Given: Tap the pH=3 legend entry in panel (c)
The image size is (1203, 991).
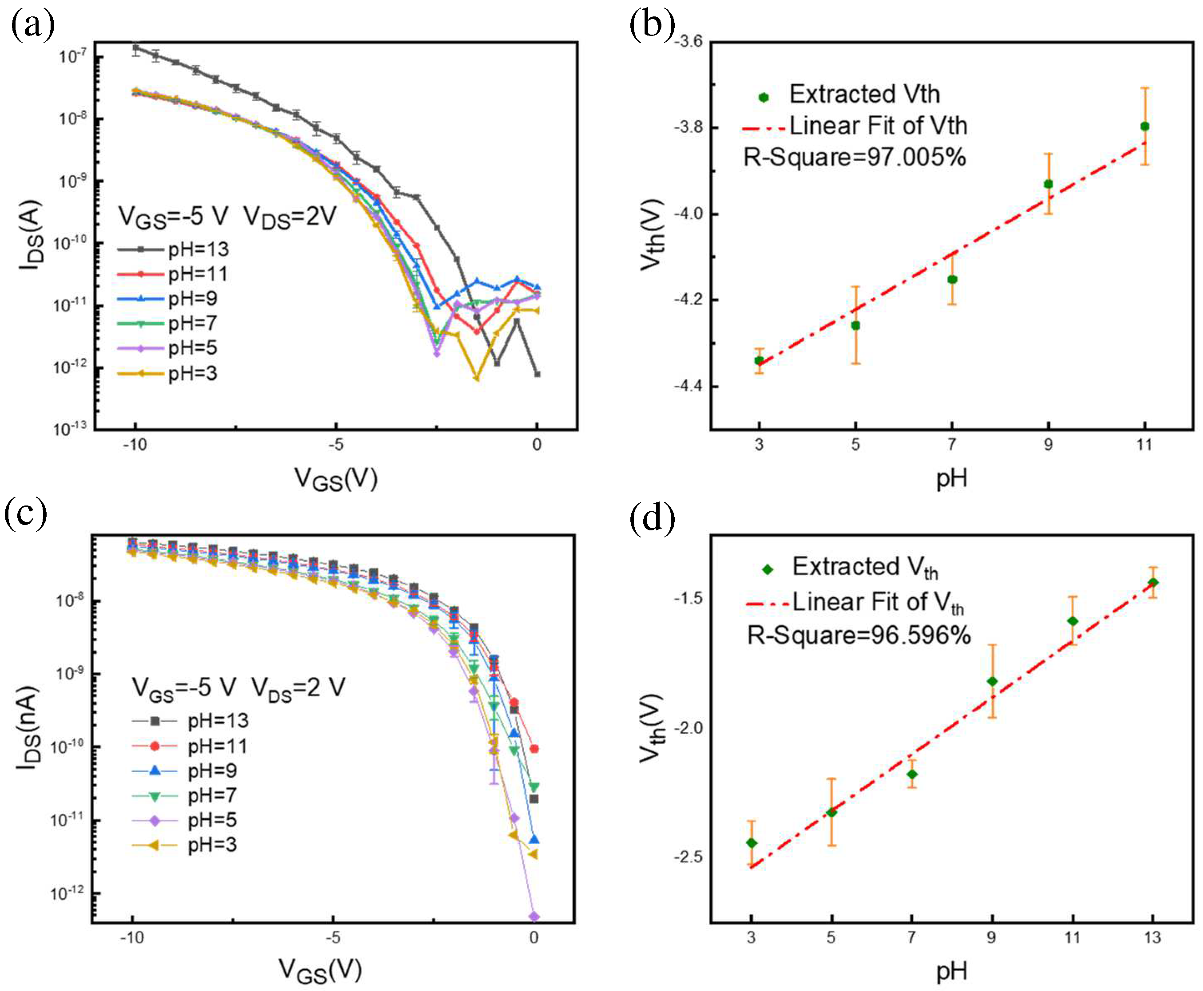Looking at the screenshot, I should click(184, 845).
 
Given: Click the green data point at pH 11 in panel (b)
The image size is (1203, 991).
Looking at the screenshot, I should click(1144, 126).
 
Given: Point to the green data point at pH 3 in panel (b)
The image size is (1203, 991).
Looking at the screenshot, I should click(759, 360).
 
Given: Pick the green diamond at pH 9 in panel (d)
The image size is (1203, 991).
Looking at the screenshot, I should click(992, 681).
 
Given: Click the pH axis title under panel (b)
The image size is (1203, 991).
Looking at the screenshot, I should click(951, 478).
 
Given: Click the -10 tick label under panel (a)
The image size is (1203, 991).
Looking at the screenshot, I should click(135, 444).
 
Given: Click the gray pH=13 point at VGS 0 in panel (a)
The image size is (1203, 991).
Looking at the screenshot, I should click(537, 375).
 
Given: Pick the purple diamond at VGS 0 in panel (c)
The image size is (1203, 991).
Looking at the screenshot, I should click(534, 916).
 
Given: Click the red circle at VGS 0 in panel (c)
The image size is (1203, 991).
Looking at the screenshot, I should click(534, 748).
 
